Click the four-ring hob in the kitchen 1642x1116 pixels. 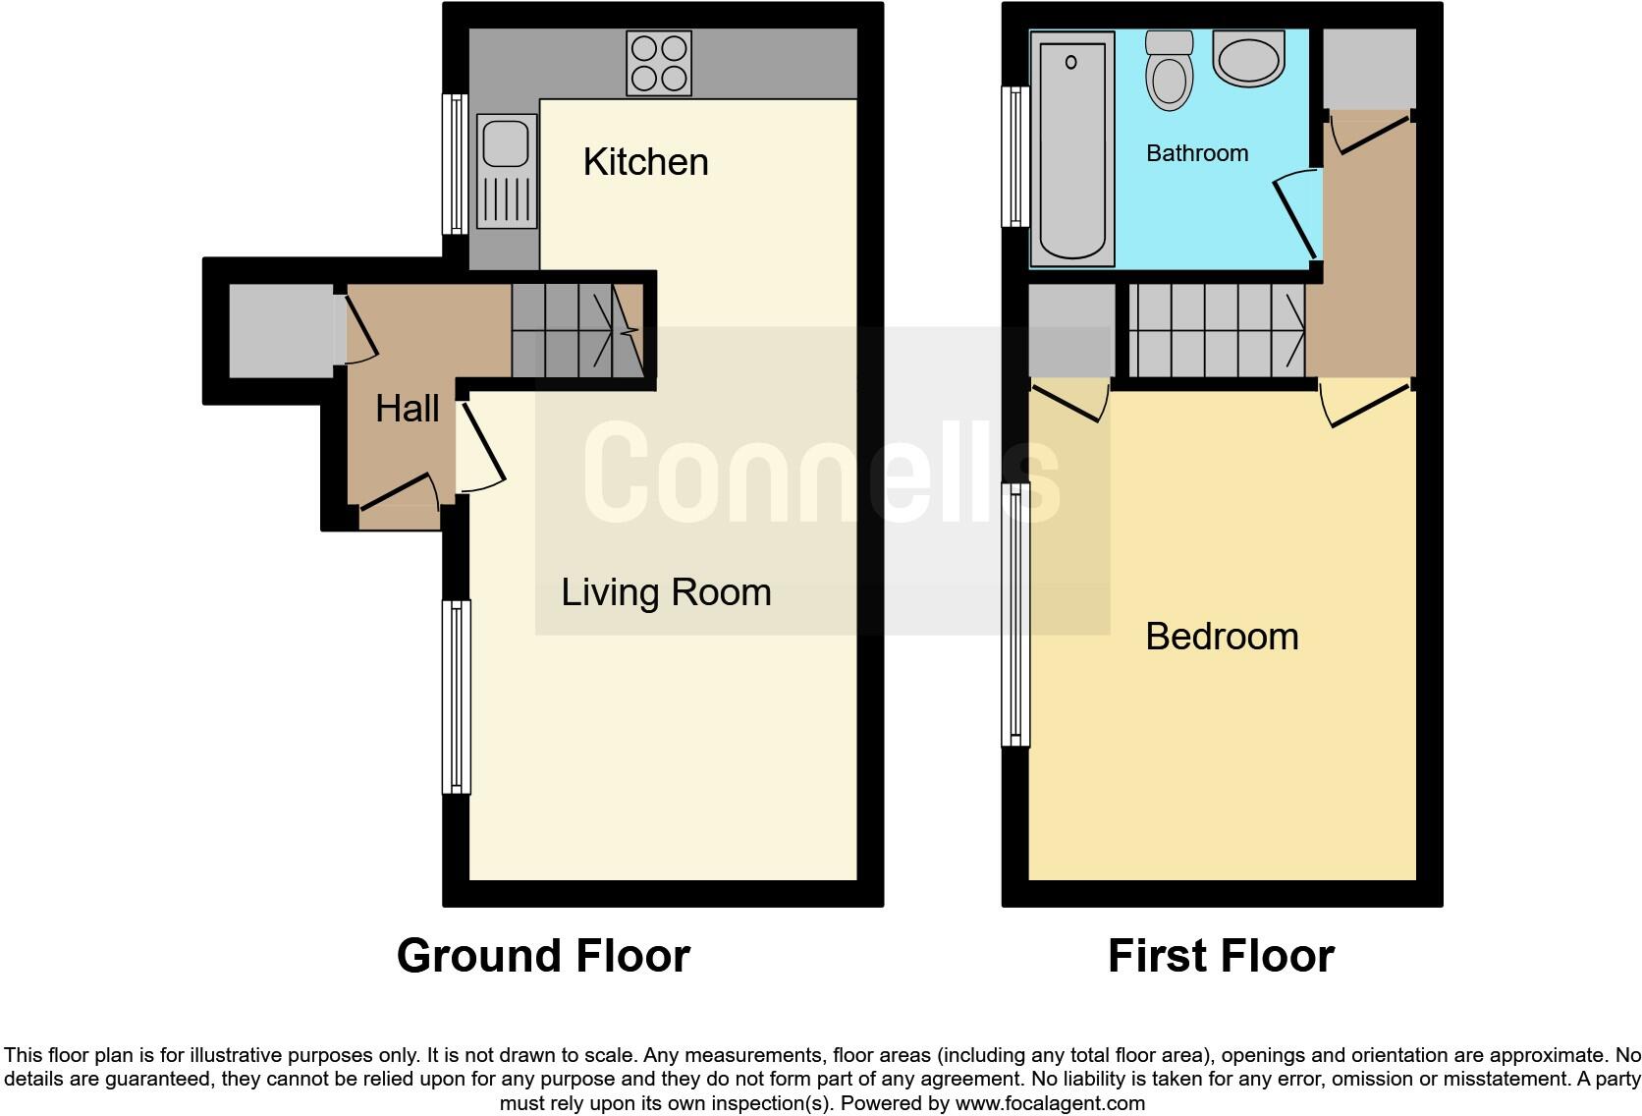(x=659, y=64)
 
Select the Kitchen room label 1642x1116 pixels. (x=645, y=162)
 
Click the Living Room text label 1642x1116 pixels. (x=666, y=592)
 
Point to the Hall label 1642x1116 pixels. (x=407, y=409)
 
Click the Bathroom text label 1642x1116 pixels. (x=1197, y=153)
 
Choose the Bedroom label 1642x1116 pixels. (x=1222, y=637)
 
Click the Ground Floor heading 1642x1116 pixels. (x=543, y=956)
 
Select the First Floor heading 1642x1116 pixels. (x=1221, y=956)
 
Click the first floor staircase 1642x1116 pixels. (x=1216, y=331)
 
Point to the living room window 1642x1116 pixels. (x=457, y=697)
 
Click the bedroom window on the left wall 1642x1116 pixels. (x=1015, y=614)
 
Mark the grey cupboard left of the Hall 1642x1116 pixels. (x=281, y=331)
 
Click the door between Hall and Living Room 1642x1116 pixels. (x=481, y=447)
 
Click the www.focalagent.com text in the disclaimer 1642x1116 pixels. (x=1050, y=1103)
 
